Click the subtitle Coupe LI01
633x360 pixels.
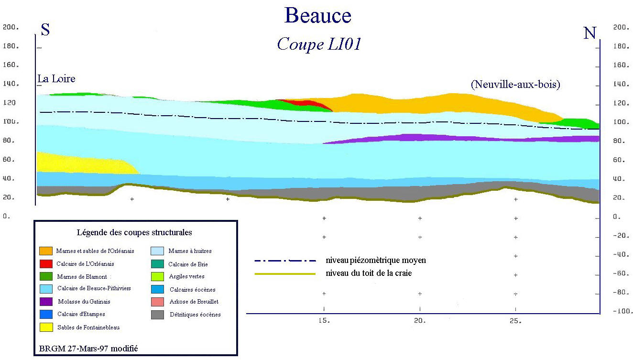(x=319, y=44)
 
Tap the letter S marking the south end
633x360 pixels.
(x=45, y=30)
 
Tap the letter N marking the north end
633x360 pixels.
(x=590, y=33)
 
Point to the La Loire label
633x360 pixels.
(x=56, y=79)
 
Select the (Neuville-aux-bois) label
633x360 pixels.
(x=515, y=85)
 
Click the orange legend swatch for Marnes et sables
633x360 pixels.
(x=46, y=251)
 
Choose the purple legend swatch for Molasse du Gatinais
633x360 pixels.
(x=46, y=302)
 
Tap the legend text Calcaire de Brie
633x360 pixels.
(x=188, y=264)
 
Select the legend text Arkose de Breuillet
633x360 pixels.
(x=194, y=302)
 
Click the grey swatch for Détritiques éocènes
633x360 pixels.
(x=158, y=315)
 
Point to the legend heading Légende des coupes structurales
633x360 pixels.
(x=134, y=233)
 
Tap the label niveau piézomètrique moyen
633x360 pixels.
(x=375, y=261)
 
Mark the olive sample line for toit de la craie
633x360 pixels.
(x=285, y=274)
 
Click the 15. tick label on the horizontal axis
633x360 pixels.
(x=325, y=321)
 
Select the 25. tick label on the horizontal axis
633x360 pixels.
(x=515, y=321)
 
